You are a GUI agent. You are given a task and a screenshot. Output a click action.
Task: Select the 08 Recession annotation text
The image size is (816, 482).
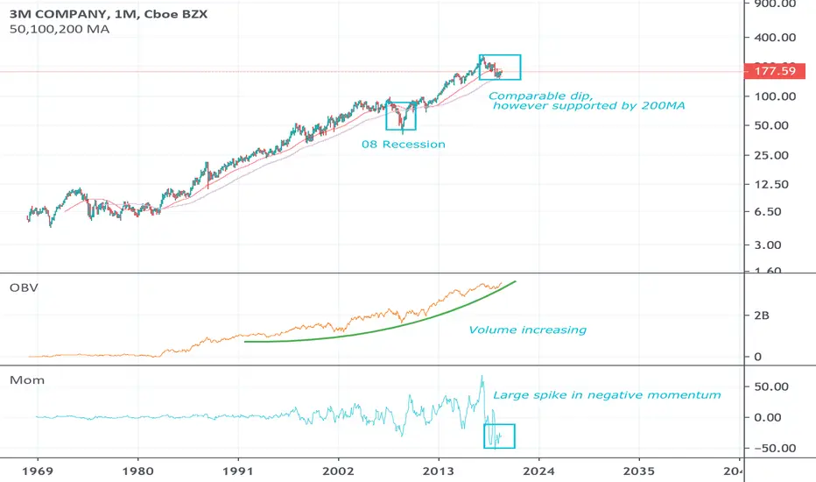click(404, 144)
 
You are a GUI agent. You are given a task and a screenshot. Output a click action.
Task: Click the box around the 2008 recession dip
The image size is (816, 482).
click(401, 115)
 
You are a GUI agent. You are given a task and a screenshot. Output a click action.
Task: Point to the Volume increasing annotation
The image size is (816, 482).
click(527, 330)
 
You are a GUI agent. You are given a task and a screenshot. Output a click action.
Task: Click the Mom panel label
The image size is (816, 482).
click(23, 381)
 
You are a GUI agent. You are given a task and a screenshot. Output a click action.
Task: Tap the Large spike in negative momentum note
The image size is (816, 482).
click(607, 394)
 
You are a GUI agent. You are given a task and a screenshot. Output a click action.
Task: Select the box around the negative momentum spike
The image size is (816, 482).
click(499, 436)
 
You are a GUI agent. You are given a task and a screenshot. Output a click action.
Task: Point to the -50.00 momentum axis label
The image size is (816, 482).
click(770, 448)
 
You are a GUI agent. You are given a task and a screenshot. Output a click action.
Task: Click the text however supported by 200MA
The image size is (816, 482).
click(588, 105)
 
